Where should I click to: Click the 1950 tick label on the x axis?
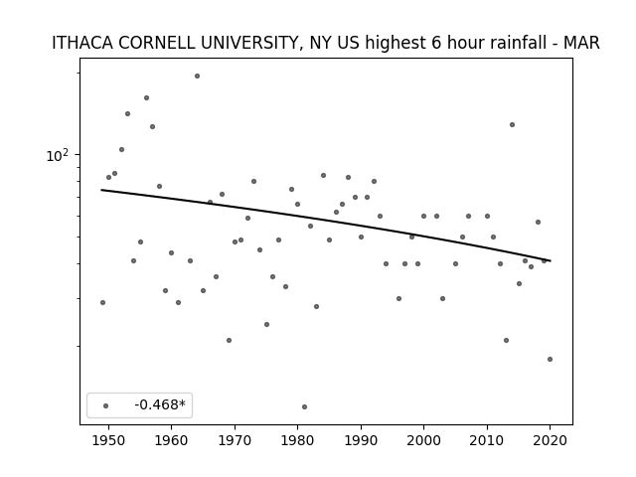108,440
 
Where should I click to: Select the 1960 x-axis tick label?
171,440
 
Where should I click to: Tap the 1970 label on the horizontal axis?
235,440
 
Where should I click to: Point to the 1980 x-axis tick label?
297,440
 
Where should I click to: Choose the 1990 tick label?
361,440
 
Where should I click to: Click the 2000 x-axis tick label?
424,440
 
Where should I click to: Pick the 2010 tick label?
487,440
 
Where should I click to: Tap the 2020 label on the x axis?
550,440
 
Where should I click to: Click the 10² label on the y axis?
58,155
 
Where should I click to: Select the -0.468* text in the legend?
160,404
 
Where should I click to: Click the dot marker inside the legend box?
106,405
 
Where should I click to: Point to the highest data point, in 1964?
197,76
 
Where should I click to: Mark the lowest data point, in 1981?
305,406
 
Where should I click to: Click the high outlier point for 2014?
513,124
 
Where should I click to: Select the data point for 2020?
550,359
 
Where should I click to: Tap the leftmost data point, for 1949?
102,302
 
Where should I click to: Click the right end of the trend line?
551,260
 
